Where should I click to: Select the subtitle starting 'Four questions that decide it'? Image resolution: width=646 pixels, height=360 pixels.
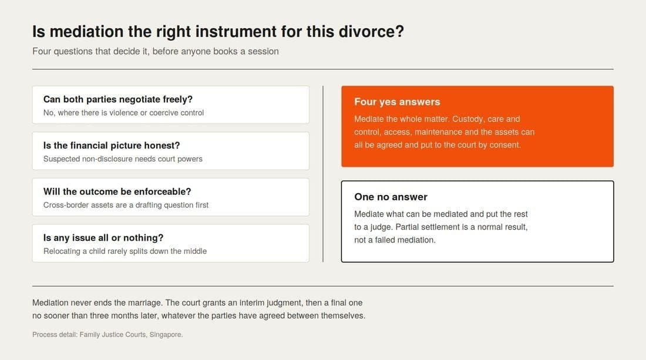point(155,52)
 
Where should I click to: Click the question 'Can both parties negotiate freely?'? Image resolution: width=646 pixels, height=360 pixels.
point(118,99)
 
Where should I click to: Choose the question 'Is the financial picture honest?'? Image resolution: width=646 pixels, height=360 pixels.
point(112,146)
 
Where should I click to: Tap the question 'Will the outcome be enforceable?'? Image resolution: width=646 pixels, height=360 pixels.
point(117,191)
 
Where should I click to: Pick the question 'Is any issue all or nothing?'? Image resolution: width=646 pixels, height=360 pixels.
point(103,238)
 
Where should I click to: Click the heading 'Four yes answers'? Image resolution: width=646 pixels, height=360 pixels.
point(397,102)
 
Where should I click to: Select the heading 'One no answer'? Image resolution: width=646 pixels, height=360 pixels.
point(391,197)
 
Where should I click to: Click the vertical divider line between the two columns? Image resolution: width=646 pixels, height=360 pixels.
point(323,174)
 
